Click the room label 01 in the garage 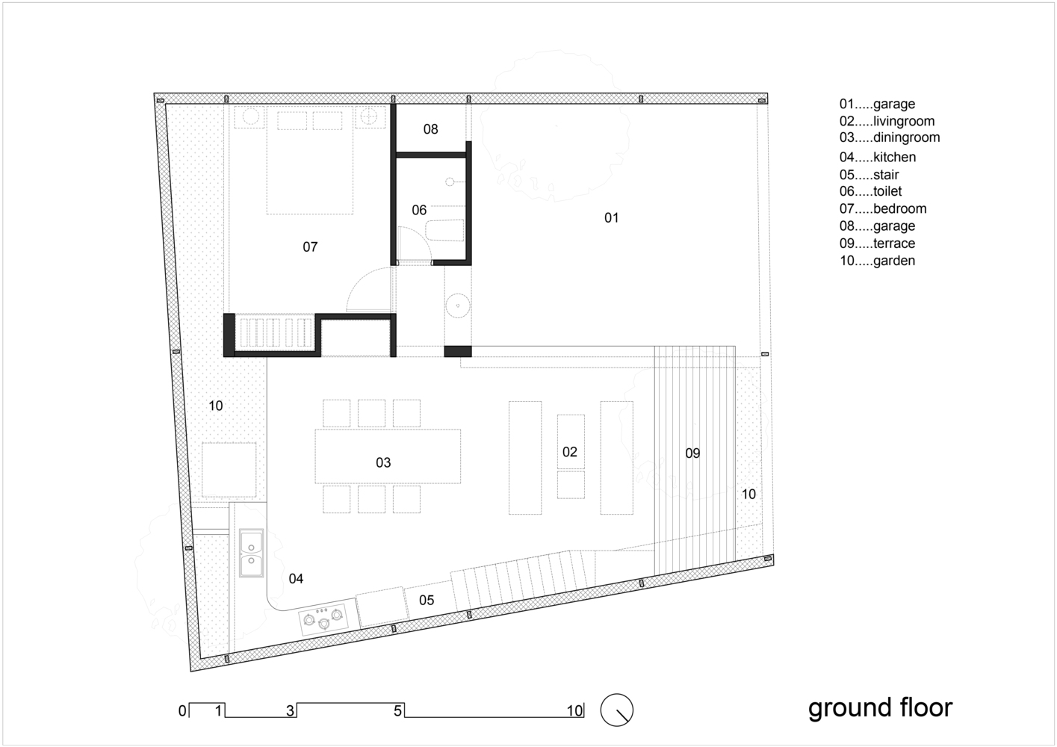click(611, 217)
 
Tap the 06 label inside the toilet click(419, 210)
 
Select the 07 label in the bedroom click(310, 247)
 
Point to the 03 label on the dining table click(383, 462)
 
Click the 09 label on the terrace click(692, 453)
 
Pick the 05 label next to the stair click(427, 601)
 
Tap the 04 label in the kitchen click(296, 578)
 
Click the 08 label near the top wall click(430, 129)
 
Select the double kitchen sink click(251, 553)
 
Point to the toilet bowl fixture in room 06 click(445, 231)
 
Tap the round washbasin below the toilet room click(458, 305)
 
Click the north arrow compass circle click(617, 710)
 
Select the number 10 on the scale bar click(574, 710)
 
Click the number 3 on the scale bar click(290, 710)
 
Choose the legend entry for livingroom click(887, 121)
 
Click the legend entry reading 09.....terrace click(877, 244)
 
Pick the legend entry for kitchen click(877, 157)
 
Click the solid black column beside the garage click(458, 351)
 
